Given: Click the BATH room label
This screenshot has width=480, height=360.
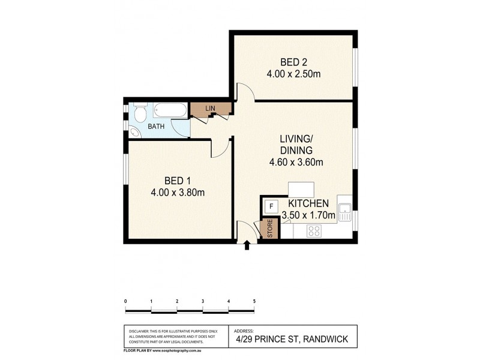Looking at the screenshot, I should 157,127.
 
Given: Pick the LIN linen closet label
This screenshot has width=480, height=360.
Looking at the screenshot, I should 210,107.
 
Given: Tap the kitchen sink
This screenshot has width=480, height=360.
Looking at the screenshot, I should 345,210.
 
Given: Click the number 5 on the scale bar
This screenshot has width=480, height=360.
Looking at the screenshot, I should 254,301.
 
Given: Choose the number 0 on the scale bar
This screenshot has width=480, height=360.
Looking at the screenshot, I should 125,301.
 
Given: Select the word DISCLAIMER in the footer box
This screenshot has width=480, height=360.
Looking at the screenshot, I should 140,331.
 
